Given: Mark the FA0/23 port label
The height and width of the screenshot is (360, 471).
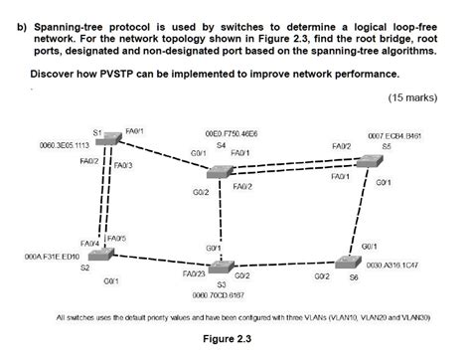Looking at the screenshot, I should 194,272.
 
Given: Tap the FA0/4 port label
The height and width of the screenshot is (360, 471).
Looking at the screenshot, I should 88,243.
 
